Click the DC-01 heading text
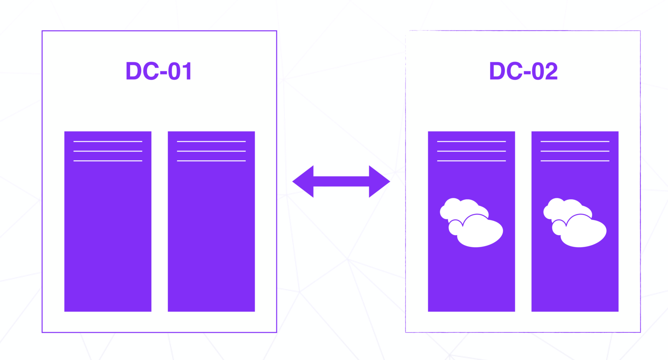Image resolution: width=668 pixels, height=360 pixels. point(159,71)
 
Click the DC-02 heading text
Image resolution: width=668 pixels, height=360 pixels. point(523,71)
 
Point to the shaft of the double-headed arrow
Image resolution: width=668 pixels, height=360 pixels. point(341,182)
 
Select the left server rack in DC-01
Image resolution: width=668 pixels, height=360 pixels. point(108,234)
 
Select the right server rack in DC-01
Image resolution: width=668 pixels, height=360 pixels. point(211,234)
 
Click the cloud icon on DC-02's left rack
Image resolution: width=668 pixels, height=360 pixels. point(472,223)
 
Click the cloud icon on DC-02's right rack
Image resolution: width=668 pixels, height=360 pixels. point(575,223)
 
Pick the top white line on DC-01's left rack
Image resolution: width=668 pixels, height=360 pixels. point(108,142)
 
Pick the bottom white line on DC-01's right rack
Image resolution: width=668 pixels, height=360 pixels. point(211,161)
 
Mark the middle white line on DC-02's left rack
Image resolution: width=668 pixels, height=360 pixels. point(471,151)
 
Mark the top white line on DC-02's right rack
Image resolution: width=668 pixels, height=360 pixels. point(575,142)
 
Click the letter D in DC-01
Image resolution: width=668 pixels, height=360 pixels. point(134,71)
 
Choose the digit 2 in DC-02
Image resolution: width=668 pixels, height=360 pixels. point(551,71)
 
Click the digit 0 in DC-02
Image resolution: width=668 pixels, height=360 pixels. point(537,71)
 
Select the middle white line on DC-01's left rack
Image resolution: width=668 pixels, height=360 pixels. point(108,151)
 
